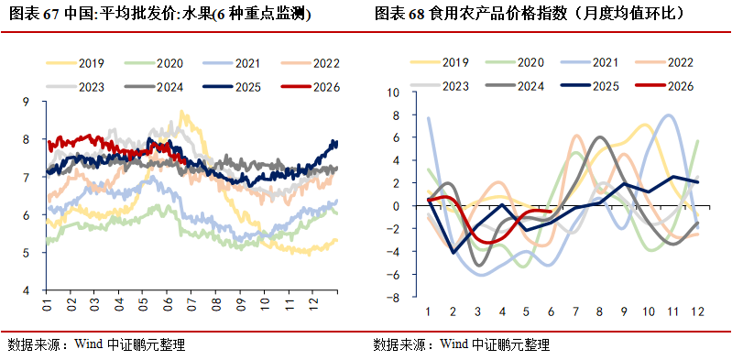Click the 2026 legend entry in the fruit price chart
(x=311, y=87)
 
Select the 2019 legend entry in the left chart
(x=75, y=63)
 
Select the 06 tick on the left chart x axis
(x=167, y=305)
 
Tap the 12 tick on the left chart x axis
(x=313, y=305)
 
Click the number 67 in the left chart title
(x=50, y=15)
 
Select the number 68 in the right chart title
(x=416, y=15)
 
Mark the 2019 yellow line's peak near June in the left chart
(x=182, y=112)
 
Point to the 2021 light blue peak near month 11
(x=669, y=115)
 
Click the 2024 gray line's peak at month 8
(x=599, y=136)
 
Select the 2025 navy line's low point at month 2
(x=453, y=253)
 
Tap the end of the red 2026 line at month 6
(x=552, y=211)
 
